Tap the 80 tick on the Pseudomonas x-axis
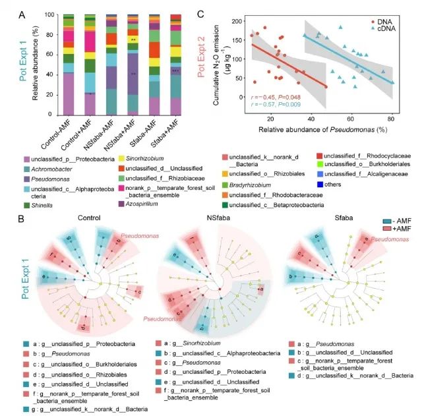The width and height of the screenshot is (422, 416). pyautogui.click(x=392, y=117)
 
